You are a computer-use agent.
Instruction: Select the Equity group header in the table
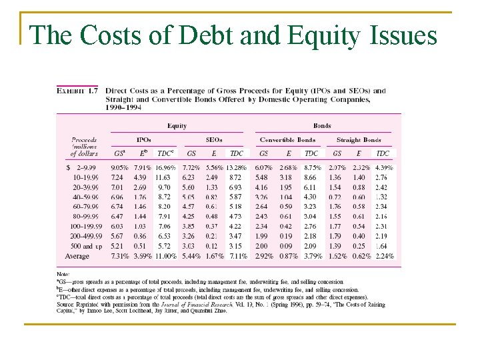[x=177, y=125]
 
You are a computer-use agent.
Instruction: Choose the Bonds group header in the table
[x=322, y=125]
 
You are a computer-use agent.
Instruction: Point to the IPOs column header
[x=143, y=140]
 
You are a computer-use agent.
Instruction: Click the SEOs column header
[x=213, y=140]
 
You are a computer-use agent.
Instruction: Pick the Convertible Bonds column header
[x=287, y=140]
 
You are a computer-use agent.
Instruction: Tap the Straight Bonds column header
[x=359, y=140]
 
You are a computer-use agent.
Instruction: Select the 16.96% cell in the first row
[x=166, y=168]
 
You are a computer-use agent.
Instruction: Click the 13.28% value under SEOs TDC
[x=236, y=168]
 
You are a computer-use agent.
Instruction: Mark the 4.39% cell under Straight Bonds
[x=383, y=168]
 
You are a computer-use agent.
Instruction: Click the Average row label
[x=77, y=256]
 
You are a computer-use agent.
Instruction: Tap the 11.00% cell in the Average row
[x=166, y=256]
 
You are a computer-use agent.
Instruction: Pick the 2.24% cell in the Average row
[x=383, y=256]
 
